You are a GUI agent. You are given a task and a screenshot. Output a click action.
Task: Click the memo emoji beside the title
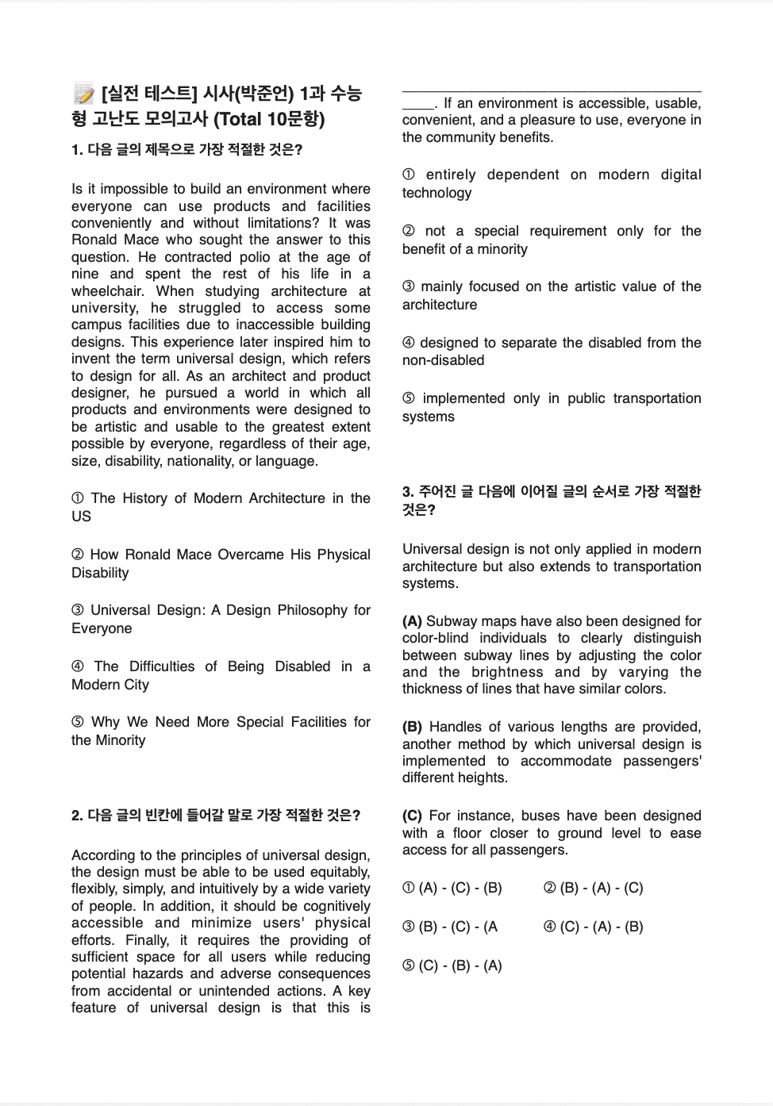click(83, 94)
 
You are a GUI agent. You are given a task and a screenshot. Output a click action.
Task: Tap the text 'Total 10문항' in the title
click(270, 119)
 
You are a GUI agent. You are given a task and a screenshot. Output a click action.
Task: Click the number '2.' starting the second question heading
click(77, 815)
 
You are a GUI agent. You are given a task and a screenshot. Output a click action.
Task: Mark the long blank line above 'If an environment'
click(552, 92)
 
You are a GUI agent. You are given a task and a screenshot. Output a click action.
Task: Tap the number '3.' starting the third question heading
click(408, 492)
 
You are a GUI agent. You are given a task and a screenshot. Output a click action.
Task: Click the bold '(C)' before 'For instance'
click(412, 816)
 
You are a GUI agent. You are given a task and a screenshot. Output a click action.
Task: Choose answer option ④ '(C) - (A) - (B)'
click(593, 927)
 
